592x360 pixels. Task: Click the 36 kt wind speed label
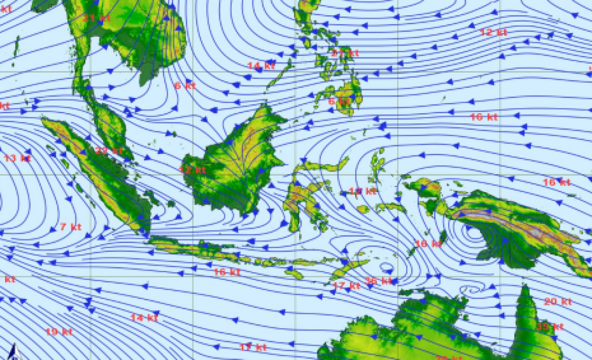click(378, 281)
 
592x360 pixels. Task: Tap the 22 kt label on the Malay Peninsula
click(109, 151)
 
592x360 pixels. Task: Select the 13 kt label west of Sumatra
click(17, 158)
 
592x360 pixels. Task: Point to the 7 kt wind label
click(70, 227)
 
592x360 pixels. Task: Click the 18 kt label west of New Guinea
click(428, 244)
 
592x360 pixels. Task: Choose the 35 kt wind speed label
click(549, 327)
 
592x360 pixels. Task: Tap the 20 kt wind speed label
click(557, 302)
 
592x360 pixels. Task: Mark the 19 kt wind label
click(59, 331)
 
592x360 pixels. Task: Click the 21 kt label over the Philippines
click(345, 53)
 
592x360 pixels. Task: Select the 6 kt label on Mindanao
click(339, 101)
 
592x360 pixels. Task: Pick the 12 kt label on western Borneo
click(192, 170)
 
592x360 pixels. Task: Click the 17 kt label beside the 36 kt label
click(346, 286)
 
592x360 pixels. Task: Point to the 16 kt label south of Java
click(227, 272)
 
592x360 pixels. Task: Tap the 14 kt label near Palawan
click(261, 66)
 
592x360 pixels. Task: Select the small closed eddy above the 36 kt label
click(387, 268)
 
